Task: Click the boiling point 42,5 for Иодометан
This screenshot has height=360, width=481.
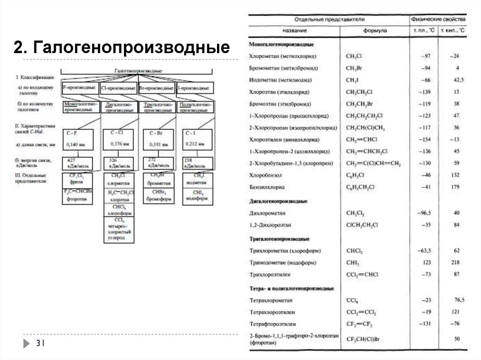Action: point(454,80)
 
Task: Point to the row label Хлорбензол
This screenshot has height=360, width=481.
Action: point(266,175)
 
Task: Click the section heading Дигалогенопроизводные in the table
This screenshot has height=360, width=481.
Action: point(278,201)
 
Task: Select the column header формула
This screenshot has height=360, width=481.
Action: point(374,30)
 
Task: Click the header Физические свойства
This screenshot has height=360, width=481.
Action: point(438,20)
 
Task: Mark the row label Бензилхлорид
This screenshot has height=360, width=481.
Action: point(267,187)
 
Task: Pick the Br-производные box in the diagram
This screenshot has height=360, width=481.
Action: point(156,88)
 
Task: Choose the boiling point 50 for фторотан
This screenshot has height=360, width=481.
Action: point(457,338)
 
